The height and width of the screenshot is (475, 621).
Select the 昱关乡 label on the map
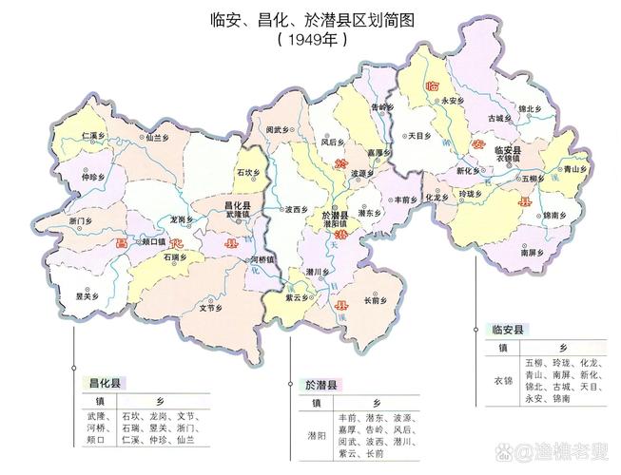click(x=87, y=294)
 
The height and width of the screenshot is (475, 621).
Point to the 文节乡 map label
click(x=211, y=308)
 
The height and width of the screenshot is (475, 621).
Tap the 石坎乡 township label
click(x=246, y=172)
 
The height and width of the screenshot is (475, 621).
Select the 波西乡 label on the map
click(x=297, y=209)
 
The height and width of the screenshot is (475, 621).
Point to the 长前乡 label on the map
click(x=374, y=301)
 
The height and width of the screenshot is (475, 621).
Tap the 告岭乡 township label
click(x=380, y=107)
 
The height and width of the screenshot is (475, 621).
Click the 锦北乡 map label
click(x=531, y=110)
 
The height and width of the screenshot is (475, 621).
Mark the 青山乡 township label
click(x=571, y=168)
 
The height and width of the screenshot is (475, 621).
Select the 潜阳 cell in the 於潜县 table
click(x=315, y=436)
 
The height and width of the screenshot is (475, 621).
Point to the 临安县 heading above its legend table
click(x=509, y=330)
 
